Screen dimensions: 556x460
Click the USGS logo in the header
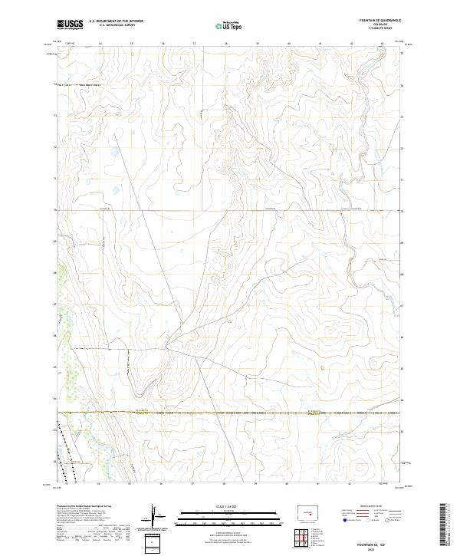[70, 24]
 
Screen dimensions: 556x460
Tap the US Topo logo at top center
[231, 25]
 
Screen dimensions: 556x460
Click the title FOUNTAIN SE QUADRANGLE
[379, 21]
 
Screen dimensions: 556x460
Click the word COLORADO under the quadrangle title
[380, 25]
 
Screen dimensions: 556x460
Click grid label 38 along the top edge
[258, 44]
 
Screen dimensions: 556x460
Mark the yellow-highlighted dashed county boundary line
[230, 413]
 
